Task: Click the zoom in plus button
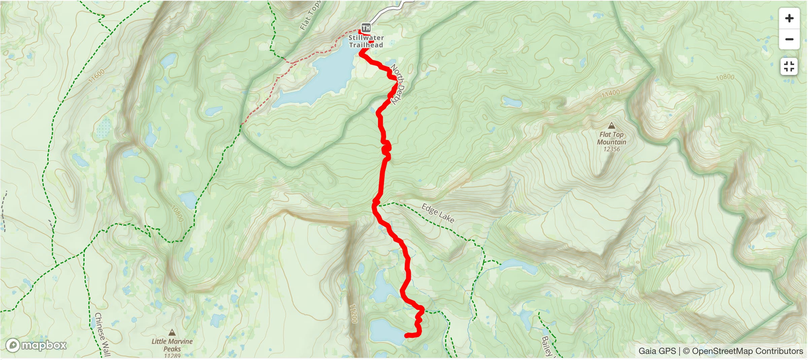789,18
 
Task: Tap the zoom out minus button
789,39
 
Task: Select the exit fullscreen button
789,66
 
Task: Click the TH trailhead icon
366,28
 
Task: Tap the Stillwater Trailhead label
366,41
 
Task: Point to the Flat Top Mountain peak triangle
612,126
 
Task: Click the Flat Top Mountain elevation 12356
611,149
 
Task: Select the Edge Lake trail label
438,214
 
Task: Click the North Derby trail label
397,84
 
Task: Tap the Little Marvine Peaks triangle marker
172,333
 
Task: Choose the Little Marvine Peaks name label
172,345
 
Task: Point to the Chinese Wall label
102,334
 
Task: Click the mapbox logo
36,345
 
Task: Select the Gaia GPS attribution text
657,351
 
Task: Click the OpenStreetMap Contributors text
747,351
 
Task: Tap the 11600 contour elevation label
97,76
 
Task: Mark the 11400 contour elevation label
610,93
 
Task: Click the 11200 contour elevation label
353,313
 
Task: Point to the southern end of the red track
407,335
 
